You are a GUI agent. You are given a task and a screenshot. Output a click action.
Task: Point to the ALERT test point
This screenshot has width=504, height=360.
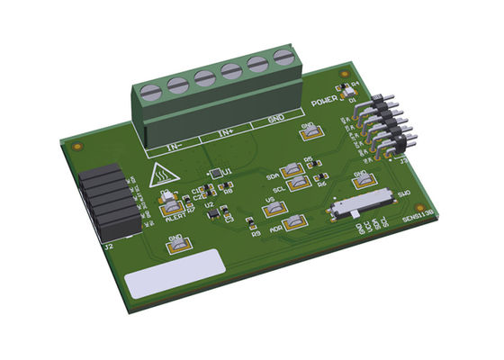(x=170, y=209)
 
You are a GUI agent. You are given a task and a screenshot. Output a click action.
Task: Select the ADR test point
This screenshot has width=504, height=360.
(x=294, y=223)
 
